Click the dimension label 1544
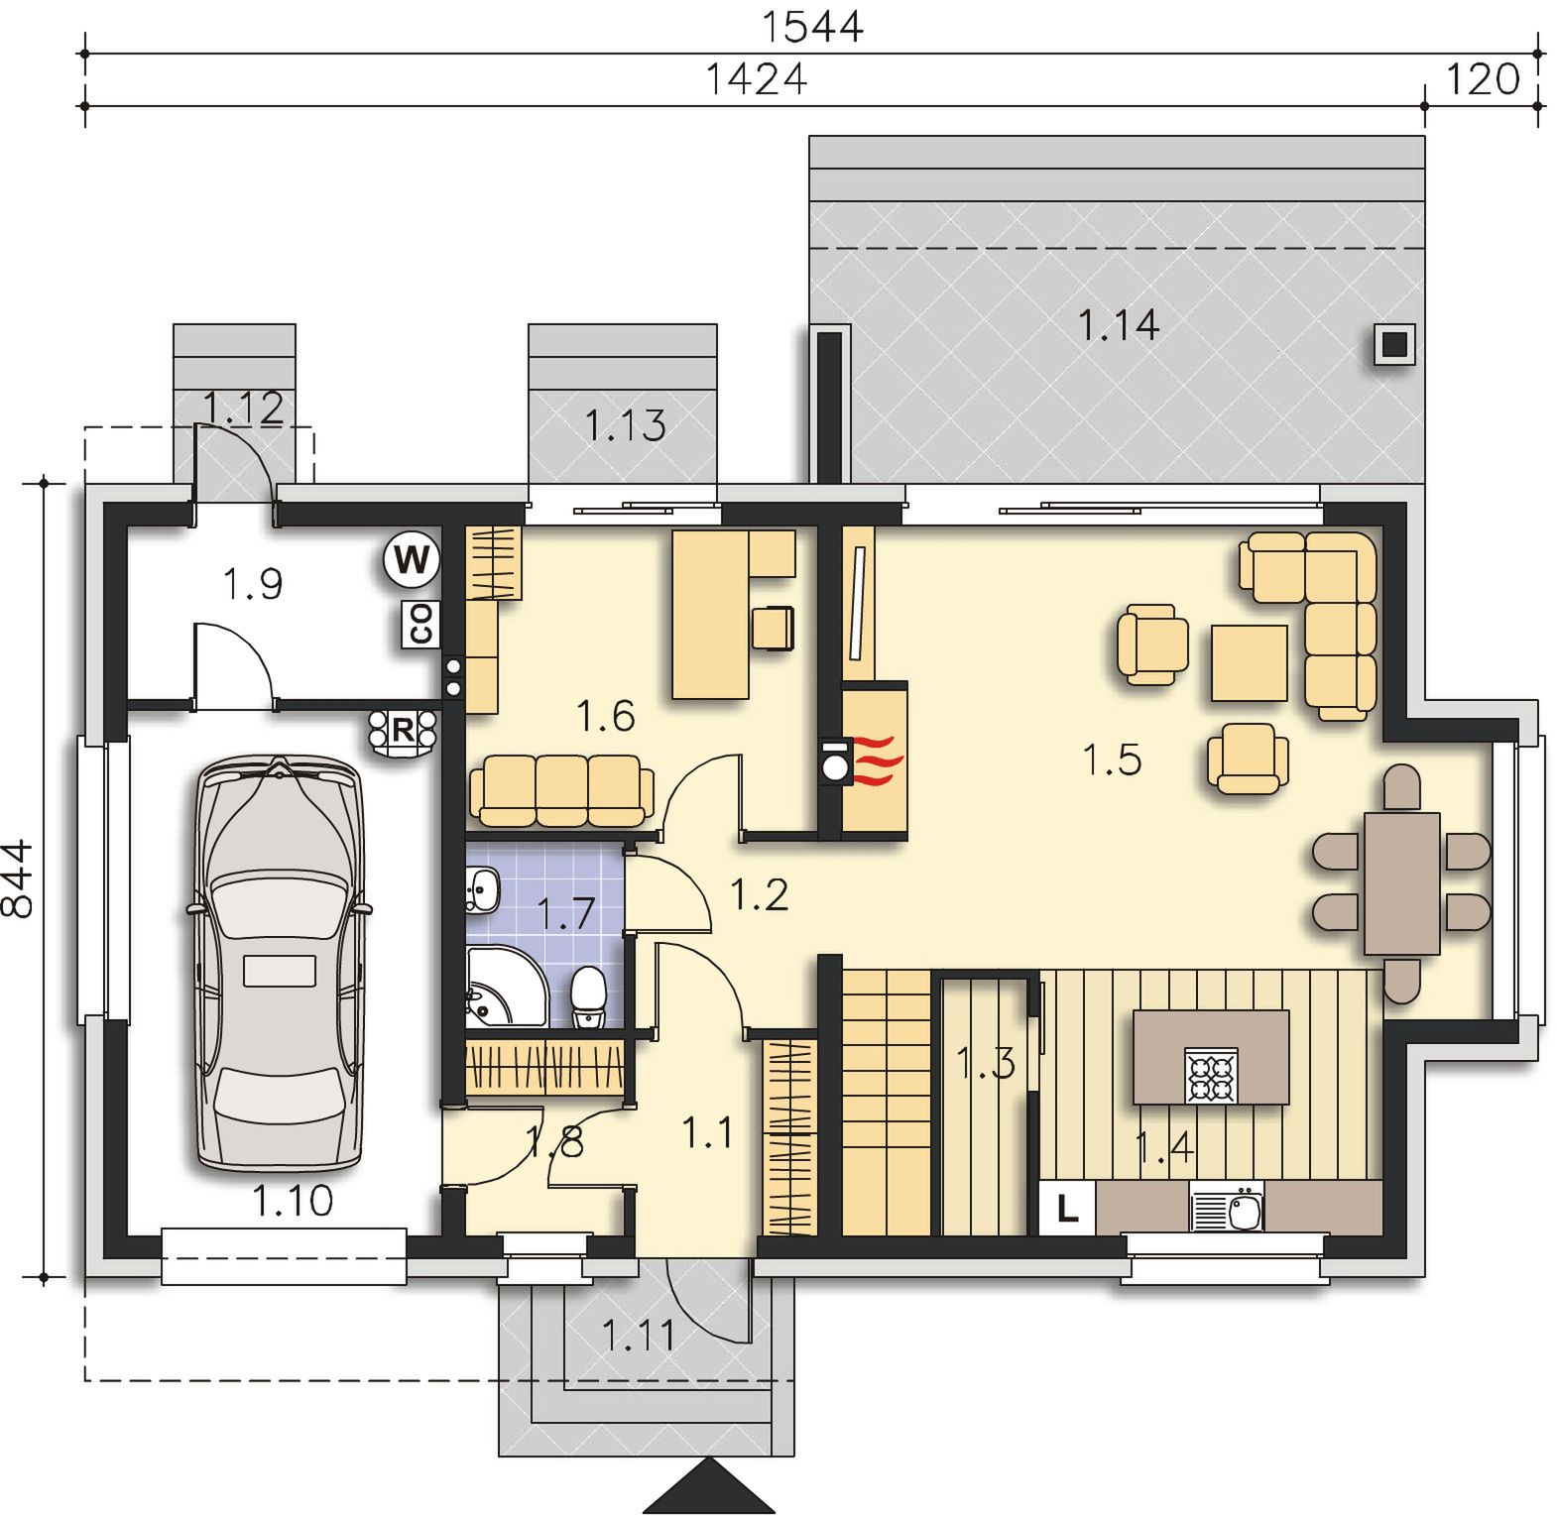tap(812, 26)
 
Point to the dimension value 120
tap(1483, 78)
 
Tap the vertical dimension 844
tap(18, 879)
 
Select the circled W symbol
tap(412, 559)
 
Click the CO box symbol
tap(420, 625)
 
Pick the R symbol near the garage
tap(402, 731)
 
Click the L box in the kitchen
tap(1067, 1208)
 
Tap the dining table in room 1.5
tap(1401, 882)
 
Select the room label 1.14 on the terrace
tap(1118, 325)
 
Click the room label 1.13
tap(625, 426)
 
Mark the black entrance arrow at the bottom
tap(710, 1485)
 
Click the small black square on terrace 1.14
tap(1394, 345)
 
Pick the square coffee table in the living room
tap(1249, 662)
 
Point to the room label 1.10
tap(293, 1202)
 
